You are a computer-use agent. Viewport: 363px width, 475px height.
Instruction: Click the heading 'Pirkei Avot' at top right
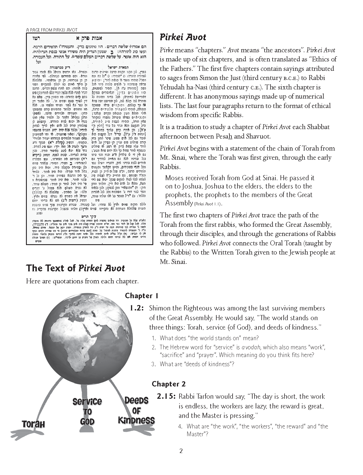click(183, 37)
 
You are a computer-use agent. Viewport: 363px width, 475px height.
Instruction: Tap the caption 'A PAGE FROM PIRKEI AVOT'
click(51, 30)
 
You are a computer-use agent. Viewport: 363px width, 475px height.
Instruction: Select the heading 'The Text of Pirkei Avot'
click(75, 268)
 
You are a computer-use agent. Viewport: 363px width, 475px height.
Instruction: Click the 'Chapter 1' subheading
click(142, 296)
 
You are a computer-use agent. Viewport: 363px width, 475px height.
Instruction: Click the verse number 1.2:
click(137, 308)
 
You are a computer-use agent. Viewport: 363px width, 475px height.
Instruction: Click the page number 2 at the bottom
click(181, 451)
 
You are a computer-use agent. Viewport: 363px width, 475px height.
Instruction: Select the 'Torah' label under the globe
click(34, 424)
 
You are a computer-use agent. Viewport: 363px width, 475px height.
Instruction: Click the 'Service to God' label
click(87, 411)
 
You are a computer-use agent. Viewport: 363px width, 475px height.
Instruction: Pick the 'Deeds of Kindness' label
click(136, 410)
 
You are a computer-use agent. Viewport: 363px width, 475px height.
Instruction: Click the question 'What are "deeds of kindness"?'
click(197, 364)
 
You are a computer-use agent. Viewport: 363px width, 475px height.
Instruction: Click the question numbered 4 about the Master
click(254, 430)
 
